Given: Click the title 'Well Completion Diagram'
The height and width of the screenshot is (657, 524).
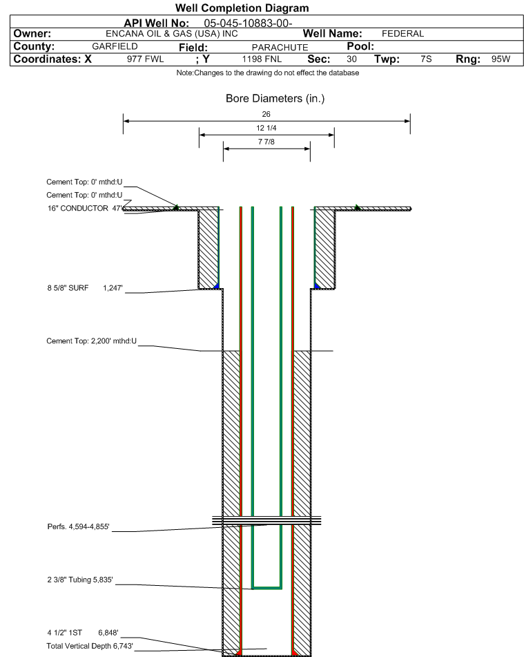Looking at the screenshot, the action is point(242,8).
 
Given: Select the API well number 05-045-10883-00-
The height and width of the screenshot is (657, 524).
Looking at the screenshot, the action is point(248,23).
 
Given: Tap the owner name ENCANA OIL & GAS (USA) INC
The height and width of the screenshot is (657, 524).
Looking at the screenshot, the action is point(172,34).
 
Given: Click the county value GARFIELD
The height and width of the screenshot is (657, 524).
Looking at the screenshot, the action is point(115,46).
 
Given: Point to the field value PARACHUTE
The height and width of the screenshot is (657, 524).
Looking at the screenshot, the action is point(280,48).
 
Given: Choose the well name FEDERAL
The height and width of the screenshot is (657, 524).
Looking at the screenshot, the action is point(403,34).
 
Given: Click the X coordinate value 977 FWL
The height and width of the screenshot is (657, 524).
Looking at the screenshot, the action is point(146,59).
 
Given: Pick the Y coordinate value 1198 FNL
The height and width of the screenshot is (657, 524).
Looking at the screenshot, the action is point(262,59).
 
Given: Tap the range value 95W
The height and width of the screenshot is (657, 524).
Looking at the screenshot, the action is point(501,59).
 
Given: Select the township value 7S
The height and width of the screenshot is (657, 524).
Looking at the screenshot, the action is point(426,59).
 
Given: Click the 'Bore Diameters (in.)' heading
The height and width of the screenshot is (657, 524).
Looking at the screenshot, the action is point(275,99).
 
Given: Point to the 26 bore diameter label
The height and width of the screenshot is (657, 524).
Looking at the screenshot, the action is point(266,114).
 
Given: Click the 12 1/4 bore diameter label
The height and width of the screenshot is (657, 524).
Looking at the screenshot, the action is point(266,128).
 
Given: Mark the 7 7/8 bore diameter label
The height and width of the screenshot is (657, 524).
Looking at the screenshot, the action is point(266,142).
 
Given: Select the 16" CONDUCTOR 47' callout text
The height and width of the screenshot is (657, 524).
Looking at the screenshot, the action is point(85,208).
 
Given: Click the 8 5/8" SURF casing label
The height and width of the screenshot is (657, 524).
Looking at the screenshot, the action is point(68,288).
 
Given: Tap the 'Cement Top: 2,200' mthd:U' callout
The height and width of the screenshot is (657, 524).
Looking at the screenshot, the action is point(91,341).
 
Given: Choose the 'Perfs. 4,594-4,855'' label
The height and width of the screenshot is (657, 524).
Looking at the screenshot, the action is point(78,526).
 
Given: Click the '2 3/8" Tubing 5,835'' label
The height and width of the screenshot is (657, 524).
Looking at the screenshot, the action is point(80,580).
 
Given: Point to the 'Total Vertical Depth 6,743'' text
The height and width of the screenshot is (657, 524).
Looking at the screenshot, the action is point(90,646).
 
